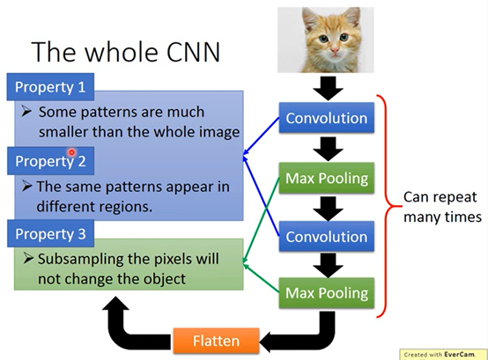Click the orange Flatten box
[x=216, y=341]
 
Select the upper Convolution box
[x=327, y=118]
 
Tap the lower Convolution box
[x=327, y=237]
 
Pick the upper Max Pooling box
[x=327, y=178]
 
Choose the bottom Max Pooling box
[x=327, y=293]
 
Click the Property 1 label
[x=50, y=87]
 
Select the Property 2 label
[x=50, y=161]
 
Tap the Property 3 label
[x=50, y=234]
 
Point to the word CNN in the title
[x=193, y=52]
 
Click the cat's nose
[x=335, y=49]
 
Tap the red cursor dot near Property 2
[x=72, y=152]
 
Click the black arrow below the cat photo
[x=328, y=88]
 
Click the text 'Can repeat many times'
[x=442, y=207]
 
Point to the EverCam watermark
[x=442, y=355]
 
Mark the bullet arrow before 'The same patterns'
[x=27, y=187]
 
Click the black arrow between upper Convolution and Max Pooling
[x=328, y=149]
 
